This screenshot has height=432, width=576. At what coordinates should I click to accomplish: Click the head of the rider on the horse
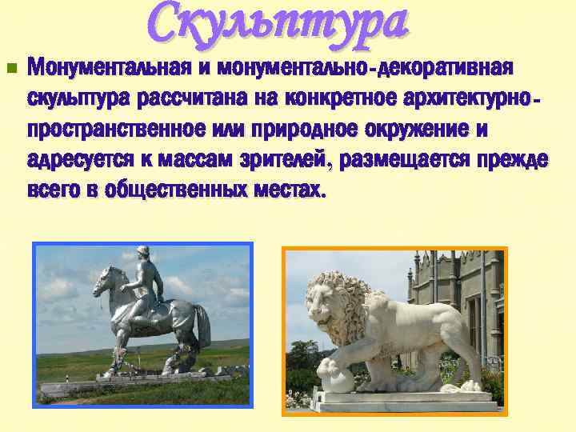pos(144,255)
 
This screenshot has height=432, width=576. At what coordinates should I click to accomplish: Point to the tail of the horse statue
pos(202,328)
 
